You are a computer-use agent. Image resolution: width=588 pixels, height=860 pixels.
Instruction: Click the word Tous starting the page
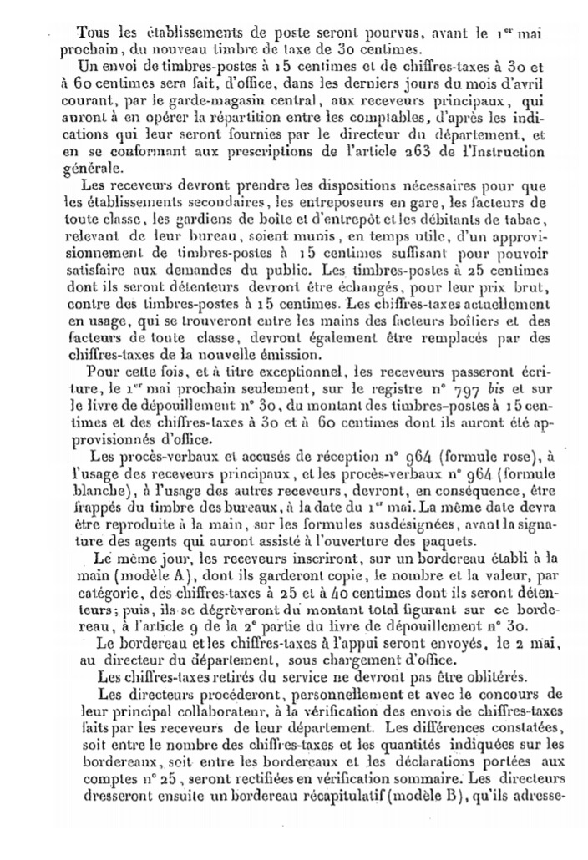point(94,33)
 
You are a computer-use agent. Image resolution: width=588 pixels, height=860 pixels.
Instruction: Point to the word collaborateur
point(261,710)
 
